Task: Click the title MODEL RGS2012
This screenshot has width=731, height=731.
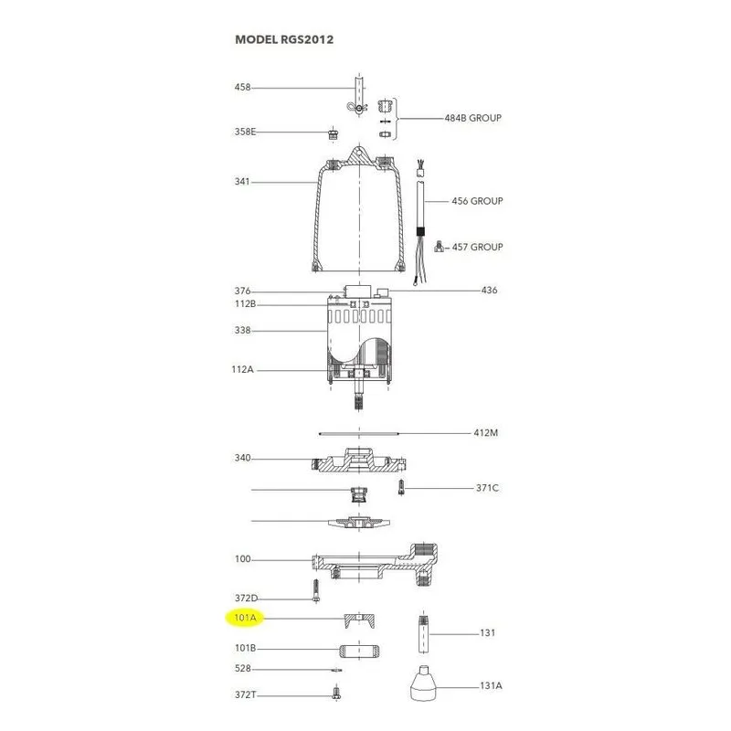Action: [x=284, y=39]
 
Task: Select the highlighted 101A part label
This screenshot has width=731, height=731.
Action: [x=245, y=618]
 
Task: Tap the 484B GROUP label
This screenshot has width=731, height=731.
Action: [x=472, y=118]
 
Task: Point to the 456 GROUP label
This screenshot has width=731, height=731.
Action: [x=477, y=201]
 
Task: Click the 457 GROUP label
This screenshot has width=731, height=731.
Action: [x=477, y=247]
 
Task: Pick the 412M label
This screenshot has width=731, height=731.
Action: [x=486, y=432]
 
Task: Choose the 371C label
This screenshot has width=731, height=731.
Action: [x=487, y=488]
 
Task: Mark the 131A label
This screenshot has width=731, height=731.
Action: [x=491, y=686]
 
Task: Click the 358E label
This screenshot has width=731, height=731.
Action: [x=245, y=132]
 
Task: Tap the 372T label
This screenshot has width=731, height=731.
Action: [x=245, y=694]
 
